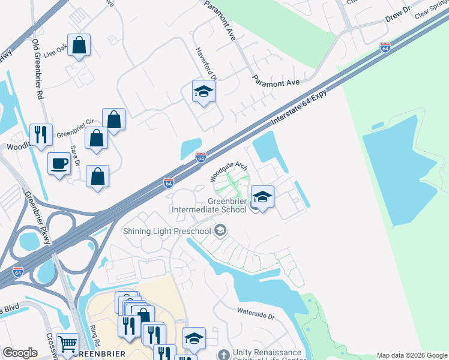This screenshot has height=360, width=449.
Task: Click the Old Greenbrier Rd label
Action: point(39,70)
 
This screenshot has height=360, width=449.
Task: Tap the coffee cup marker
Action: point(59,163)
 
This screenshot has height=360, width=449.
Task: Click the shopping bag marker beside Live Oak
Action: point(79,45)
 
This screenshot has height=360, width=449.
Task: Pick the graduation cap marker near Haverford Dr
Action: point(203,92)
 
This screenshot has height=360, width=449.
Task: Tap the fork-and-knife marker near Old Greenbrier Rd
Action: point(41,135)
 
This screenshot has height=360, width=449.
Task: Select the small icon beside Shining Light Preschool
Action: point(221,231)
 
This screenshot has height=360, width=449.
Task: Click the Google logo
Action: point(20,353)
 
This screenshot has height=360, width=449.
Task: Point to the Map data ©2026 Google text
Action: point(412,355)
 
